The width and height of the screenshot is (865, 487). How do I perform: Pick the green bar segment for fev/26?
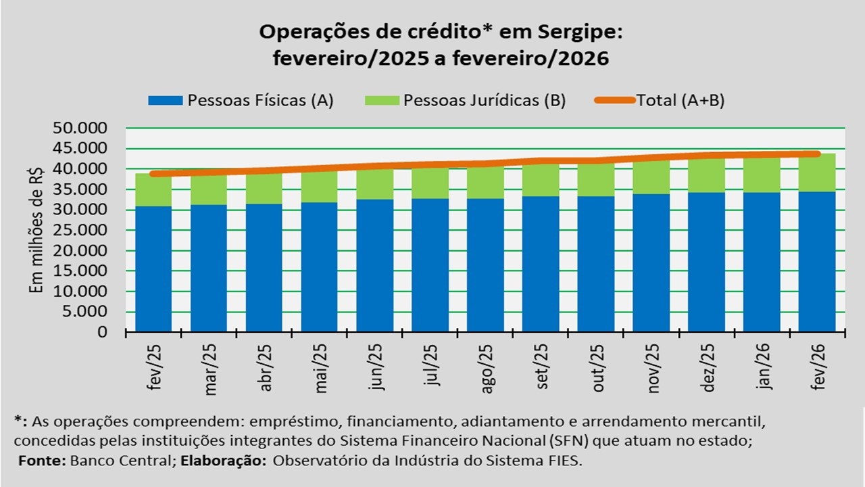(x=817, y=174)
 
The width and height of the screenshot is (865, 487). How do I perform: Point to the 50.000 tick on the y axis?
(x=84, y=128)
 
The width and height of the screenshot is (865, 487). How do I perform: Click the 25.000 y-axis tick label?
(x=84, y=230)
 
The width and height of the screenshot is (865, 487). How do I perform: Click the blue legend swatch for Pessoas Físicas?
(x=166, y=101)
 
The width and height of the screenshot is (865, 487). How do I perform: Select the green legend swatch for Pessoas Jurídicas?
(x=382, y=101)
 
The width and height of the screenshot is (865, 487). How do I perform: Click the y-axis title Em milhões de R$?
(x=36, y=230)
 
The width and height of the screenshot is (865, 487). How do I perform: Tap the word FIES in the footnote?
(x=564, y=460)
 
